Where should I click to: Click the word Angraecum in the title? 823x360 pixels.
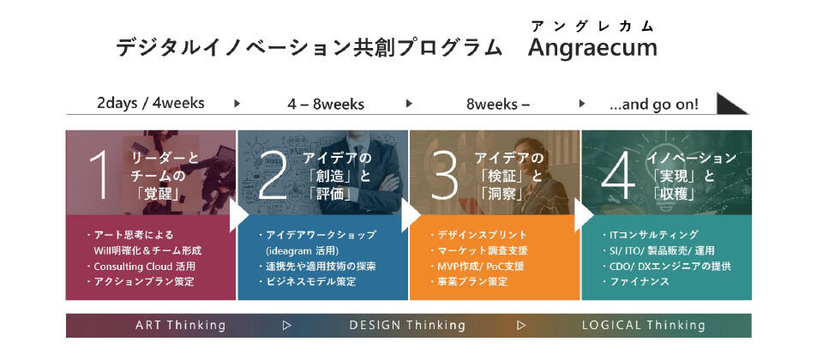(x=592, y=48)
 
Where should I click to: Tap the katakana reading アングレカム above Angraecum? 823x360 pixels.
(x=592, y=25)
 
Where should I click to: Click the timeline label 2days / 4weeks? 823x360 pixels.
(x=151, y=103)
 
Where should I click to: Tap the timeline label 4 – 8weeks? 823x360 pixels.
(x=326, y=104)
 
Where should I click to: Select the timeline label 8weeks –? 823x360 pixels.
(x=498, y=104)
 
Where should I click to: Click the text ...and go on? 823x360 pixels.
(x=654, y=104)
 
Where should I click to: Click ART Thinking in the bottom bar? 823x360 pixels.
(x=181, y=326)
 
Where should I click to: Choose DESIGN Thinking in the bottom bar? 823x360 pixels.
(x=407, y=326)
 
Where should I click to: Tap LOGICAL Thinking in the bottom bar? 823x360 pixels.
(x=644, y=326)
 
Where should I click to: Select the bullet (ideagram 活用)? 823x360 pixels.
(x=303, y=250)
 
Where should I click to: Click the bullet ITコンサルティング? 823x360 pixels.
(x=650, y=235)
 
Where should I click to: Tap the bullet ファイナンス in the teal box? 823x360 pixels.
(x=635, y=282)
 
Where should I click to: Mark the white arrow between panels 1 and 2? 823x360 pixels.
(x=237, y=214)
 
